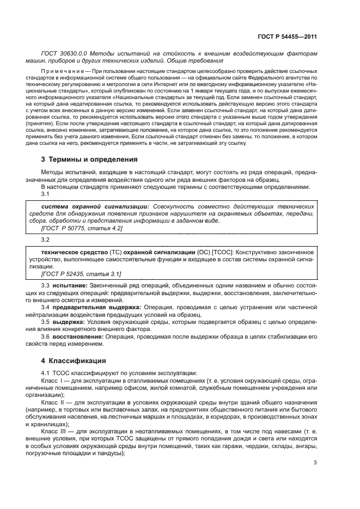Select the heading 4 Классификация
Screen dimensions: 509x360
[x=69, y=360]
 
